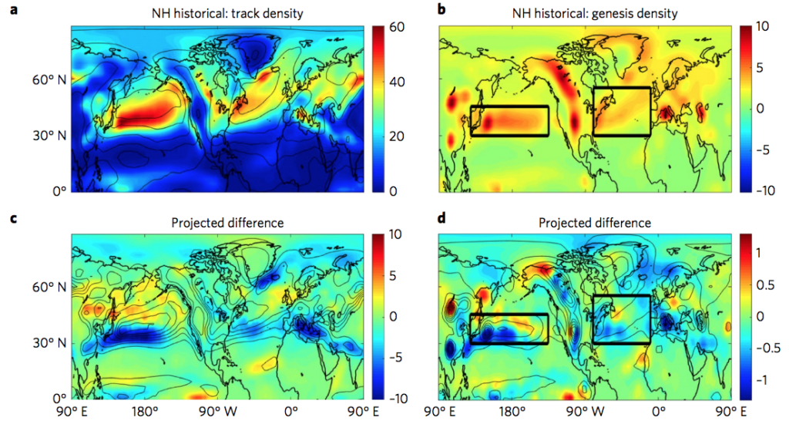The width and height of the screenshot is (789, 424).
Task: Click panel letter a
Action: point(10,10)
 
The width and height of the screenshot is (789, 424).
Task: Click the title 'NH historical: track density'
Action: point(217,13)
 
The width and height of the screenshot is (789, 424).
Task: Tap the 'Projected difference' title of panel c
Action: point(217,223)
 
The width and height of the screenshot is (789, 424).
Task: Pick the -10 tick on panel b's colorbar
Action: point(763,190)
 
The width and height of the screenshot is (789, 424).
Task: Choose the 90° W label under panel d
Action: point(590,412)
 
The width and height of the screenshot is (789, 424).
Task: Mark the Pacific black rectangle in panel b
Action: point(509,121)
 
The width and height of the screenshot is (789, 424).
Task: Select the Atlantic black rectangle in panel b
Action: point(621,111)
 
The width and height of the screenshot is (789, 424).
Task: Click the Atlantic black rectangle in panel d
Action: point(621,318)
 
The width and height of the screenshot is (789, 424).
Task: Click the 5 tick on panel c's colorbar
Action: point(396,275)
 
